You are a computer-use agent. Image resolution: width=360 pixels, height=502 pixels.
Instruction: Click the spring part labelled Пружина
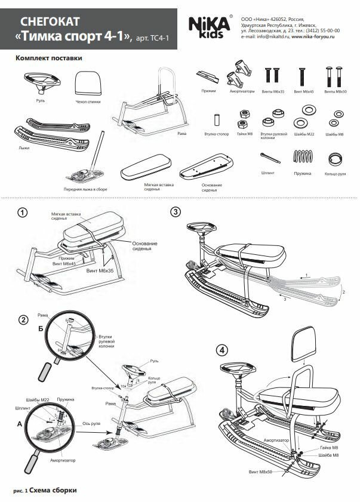tap(303, 158)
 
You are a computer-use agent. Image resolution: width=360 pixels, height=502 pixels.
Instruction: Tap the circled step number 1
tap(22, 213)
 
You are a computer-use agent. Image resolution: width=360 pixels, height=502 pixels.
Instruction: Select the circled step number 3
tap(175, 212)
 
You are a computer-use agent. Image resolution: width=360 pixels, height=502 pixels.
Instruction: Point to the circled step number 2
tap(23, 319)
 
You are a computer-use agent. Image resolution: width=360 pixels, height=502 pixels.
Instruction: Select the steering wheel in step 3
tap(202, 227)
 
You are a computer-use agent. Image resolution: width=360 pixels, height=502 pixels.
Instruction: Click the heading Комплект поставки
tap(48, 58)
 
